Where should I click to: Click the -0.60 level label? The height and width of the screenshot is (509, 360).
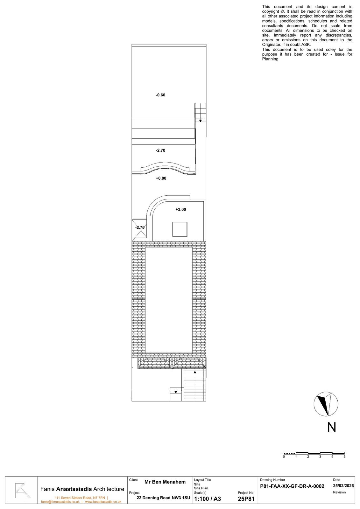point(160,95)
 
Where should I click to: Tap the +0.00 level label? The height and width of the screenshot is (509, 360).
point(161,178)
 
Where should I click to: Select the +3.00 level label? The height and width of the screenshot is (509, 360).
point(180,210)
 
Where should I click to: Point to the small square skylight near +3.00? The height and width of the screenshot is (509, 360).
point(180,229)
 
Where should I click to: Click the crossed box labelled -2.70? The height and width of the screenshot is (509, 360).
point(139,228)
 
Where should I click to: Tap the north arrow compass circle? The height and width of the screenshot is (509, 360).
point(326,404)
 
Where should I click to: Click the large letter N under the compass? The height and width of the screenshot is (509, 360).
point(332,427)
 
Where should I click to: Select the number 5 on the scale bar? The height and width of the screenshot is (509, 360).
point(344,457)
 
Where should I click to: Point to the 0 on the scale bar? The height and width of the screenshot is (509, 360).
point(284,457)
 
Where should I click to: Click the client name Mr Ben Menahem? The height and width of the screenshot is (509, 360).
point(165,482)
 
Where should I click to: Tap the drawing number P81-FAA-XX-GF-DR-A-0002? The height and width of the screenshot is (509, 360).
point(292,486)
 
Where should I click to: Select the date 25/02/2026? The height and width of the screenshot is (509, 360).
point(343,486)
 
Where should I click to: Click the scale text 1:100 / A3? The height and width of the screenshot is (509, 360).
point(207,499)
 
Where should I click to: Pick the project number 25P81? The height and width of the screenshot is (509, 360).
point(246,499)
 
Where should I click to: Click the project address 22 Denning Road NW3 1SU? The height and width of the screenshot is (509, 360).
point(163,498)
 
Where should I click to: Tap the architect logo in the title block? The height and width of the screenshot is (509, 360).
point(22,490)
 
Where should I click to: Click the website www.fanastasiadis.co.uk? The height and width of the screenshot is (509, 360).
point(103,502)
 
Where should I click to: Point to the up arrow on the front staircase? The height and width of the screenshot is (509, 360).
point(195,372)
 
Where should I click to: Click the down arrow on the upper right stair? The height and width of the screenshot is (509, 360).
point(201,121)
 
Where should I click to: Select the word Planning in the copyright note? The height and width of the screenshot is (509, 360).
point(270,59)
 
